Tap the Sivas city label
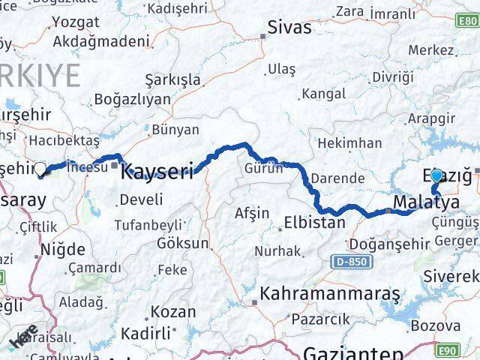coord(290,28)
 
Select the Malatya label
coord(426,202)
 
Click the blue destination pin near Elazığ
coord(436,175)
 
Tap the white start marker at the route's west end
coord(40,169)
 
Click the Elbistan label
coord(314,223)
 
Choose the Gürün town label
coord(263,168)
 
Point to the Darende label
coord(338,179)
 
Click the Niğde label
coord(62,249)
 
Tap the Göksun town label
coord(183,244)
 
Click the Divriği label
coord(393,77)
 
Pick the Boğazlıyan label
coord(132,100)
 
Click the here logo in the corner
coord(21,340)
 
